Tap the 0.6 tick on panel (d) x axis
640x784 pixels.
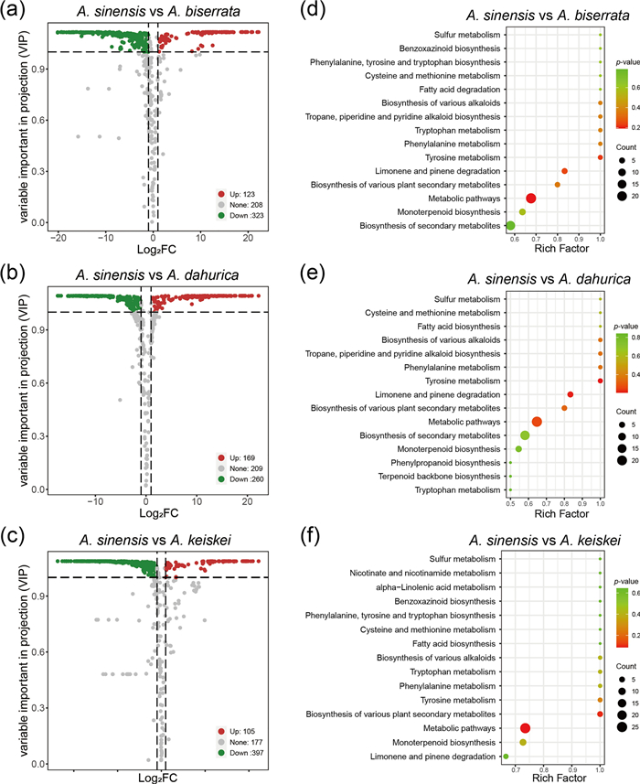[517, 239]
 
